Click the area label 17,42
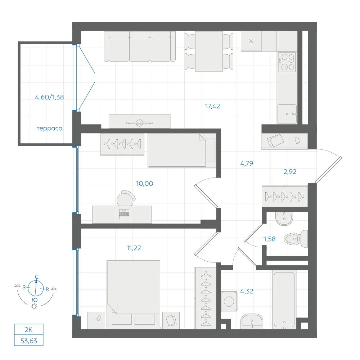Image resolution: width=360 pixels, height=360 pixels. (x=212, y=106)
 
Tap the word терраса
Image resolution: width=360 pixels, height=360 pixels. (x=49, y=129)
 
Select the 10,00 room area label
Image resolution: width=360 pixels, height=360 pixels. (x=144, y=184)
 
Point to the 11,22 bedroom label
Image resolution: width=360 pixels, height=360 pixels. (x=134, y=248)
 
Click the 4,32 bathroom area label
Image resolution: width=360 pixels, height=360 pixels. (x=247, y=291)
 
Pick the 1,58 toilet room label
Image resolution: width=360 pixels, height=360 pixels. (x=269, y=239)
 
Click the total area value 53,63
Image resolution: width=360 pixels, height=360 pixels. (x=29, y=341)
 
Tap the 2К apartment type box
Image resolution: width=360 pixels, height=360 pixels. (x=29, y=330)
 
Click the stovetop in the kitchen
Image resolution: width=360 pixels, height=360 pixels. (x=287, y=62)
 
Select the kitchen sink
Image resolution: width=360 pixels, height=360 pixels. (x=287, y=114)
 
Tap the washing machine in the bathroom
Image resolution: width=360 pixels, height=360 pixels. (x=229, y=301)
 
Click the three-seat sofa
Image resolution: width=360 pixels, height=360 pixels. (x=140, y=46)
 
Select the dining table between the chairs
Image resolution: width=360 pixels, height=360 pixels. (x=209, y=51)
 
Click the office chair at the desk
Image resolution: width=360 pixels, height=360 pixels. (x=126, y=198)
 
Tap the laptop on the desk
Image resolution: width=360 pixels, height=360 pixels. (x=124, y=214)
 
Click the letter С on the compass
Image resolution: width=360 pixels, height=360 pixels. (x=36, y=277)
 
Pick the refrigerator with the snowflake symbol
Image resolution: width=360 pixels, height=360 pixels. (x=251, y=41)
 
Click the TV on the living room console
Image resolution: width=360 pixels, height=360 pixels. (x=140, y=123)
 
